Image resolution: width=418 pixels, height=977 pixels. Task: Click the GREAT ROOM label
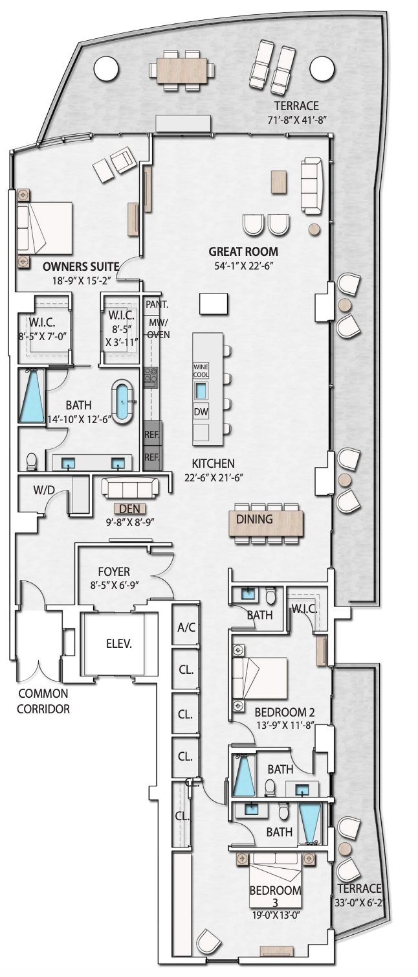click(x=243, y=251)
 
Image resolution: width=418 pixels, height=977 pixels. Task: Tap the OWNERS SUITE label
click(x=80, y=266)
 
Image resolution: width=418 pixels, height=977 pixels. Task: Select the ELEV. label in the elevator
click(x=119, y=643)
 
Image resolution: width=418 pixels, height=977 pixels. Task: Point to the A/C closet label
click(x=186, y=627)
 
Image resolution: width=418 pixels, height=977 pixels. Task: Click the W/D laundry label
click(x=45, y=490)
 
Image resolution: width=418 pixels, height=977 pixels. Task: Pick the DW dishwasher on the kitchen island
click(x=201, y=412)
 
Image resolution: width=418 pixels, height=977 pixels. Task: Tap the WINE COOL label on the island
click(x=201, y=371)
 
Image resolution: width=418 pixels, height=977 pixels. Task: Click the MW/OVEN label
click(x=158, y=328)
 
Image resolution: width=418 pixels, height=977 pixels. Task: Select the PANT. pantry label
click(x=157, y=304)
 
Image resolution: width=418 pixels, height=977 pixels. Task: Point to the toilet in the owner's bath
click(x=31, y=461)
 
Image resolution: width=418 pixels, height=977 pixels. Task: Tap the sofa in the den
click(x=130, y=487)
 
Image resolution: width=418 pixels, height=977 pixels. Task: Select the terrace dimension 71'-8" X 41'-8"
click(x=298, y=119)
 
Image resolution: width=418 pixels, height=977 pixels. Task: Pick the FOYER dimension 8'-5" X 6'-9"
click(x=115, y=585)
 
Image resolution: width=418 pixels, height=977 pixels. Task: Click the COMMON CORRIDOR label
click(x=43, y=701)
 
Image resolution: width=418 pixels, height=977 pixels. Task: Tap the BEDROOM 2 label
click(x=284, y=712)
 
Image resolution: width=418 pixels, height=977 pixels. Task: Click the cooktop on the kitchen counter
click(x=150, y=377)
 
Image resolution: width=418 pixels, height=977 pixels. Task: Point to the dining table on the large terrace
click(x=182, y=70)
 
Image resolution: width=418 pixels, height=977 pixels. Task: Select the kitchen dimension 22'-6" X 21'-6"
click(x=214, y=477)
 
